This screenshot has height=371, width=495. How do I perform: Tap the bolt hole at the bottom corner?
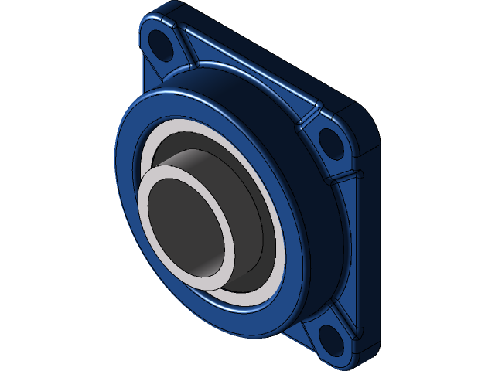pos(329,337)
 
